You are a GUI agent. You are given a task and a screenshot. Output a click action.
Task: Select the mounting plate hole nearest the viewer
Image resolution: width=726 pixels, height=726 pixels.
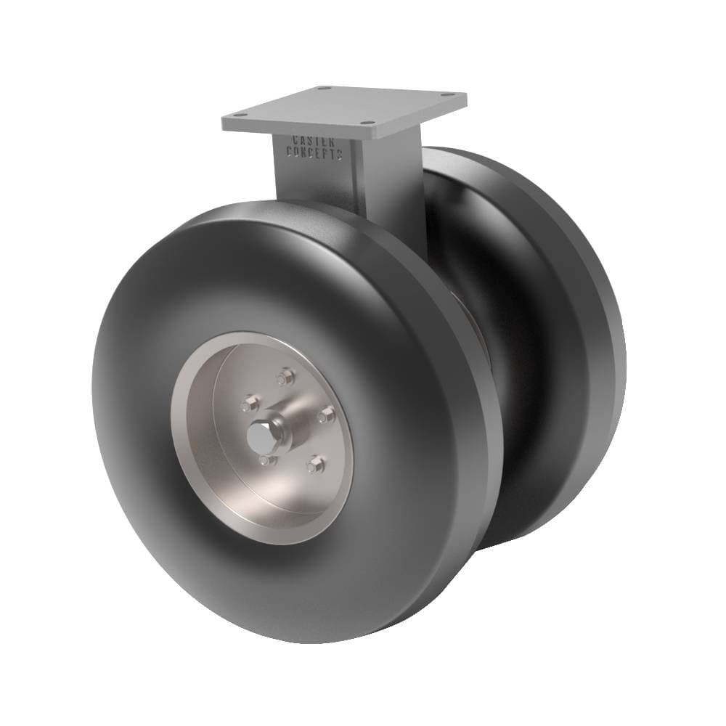pyautogui.click(x=368, y=123)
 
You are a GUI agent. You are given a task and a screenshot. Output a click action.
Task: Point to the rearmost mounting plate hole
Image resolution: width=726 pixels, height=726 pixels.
pyautogui.click(x=324, y=88)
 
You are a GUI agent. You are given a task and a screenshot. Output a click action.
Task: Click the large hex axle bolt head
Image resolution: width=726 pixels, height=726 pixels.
pyautogui.click(x=258, y=436)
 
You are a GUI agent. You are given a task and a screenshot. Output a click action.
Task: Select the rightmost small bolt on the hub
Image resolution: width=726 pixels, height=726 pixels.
pyautogui.click(x=326, y=415)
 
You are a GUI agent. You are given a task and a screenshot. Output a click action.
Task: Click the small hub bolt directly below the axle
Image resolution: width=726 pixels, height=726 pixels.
pyautogui.click(x=266, y=460)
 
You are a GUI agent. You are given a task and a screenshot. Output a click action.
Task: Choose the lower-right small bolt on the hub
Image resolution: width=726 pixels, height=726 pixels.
pyautogui.click(x=314, y=465)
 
